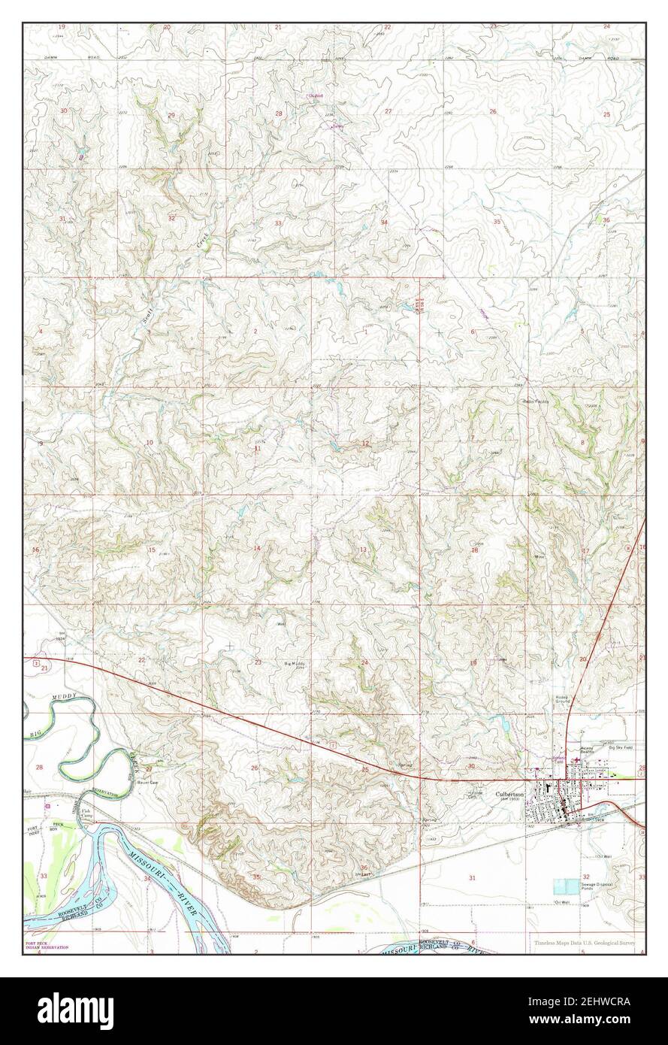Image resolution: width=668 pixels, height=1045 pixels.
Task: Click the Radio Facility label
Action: click(x=537, y=402)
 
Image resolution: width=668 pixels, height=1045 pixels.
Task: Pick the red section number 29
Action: click(x=171, y=115)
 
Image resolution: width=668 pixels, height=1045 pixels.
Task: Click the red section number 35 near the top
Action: click(x=497, y=222)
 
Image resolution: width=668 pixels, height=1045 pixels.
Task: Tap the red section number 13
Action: click(x=363, y=550)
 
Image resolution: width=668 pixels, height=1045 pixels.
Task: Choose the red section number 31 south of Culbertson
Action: click(x=472, y=878)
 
